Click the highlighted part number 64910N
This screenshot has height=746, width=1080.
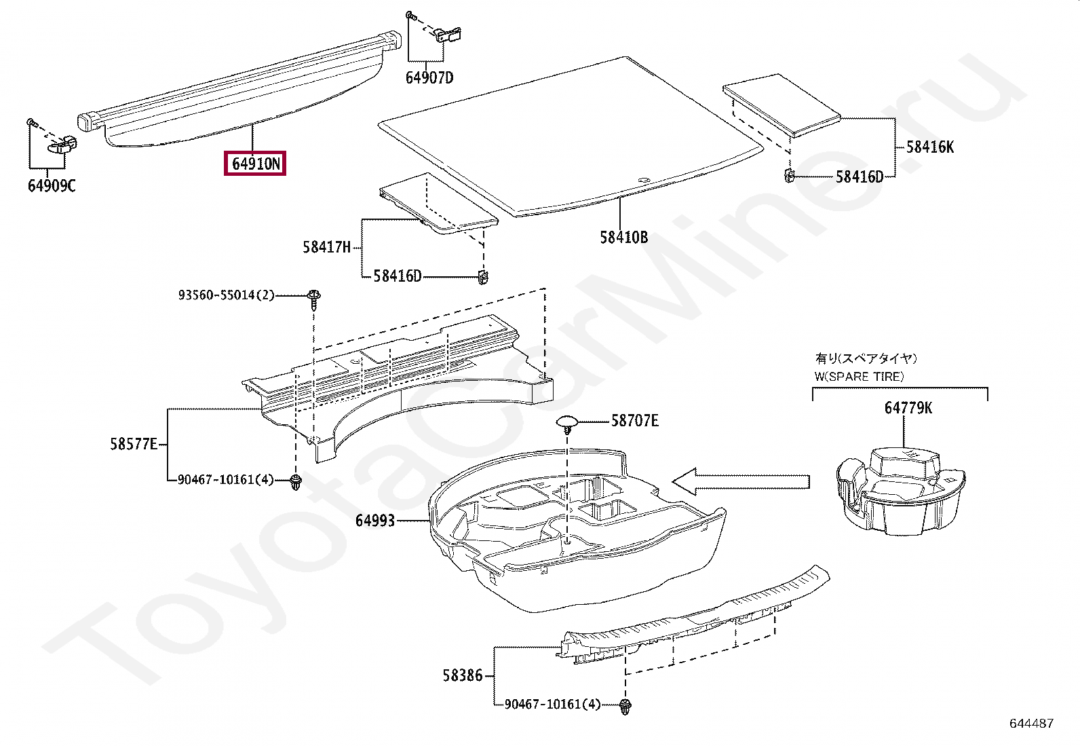255,164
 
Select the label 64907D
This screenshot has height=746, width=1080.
429,77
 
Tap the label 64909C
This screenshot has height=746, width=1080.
52,185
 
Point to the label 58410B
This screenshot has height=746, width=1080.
623,237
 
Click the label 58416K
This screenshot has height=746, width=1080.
930,147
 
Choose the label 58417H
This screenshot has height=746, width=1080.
326,247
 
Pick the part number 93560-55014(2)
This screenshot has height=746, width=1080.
226,295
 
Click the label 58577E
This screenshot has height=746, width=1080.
134,444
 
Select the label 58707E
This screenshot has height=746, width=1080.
634,421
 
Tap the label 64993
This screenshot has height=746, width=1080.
374,521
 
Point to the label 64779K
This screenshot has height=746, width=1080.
908,407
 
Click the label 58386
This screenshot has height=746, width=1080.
463,675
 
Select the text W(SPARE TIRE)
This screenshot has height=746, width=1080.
859,376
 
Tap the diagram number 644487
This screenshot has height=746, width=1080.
1031,724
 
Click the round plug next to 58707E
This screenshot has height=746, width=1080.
567,424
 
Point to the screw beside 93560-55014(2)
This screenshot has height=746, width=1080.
313,299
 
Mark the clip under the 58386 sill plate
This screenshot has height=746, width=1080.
623,706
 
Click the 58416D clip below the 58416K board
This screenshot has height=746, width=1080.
789,176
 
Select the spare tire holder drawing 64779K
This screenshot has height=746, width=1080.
901,489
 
